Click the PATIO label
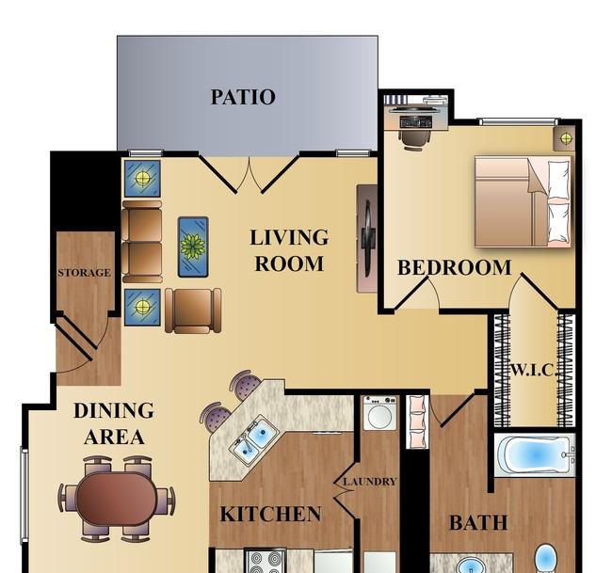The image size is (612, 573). pyautogui.click(x=243, y=97)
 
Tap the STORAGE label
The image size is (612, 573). pyautogui.click(x=85, y=273)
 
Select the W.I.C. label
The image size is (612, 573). pyautogui.click(x=533, y=370)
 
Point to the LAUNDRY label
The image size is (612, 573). pyautogui.click(x=370, y=482)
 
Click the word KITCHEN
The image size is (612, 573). pyautogui.click(x=270, y=514)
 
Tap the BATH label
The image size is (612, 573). pyautogui.click(x=478, y=523)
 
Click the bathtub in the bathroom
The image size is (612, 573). pyautogui.click(x=535, y=454)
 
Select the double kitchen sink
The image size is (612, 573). pyautogui.click(x=254, y=439)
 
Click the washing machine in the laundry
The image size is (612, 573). pyautogui.click(x=379, y=413)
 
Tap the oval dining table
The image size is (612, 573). pyautogui.click(x=117, y=499)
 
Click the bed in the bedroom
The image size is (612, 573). pyautogui.click(x=523, y=201)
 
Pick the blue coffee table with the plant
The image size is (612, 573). pyautogui.click(x=193, y=247)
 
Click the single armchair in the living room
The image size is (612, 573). pyautogui.click(x=193, y=310)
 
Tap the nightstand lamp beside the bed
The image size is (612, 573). pyautogui.click(x=566, y=138)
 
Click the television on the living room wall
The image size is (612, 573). pyautogui.click(x=367, y=239)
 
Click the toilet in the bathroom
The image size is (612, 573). pyautogui.click(x=546, y=559)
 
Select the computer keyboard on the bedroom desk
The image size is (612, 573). pyautogui.click(x=415, y=122)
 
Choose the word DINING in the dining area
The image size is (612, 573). pyautogui.click(x=114, y=411)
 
